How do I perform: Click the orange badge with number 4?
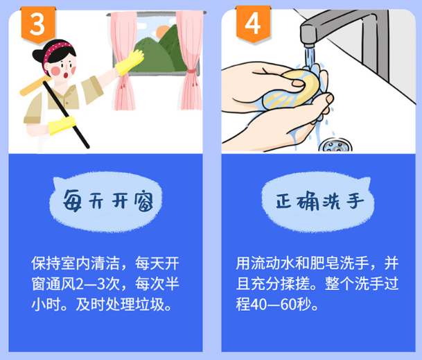253,24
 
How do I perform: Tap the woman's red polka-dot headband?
55,52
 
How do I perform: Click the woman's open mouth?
66,75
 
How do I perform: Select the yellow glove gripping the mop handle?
62,125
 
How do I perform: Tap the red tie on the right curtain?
191,71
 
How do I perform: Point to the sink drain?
335,146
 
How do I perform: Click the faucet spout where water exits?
309,45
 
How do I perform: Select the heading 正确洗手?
319,201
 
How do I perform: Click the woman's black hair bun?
37,55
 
